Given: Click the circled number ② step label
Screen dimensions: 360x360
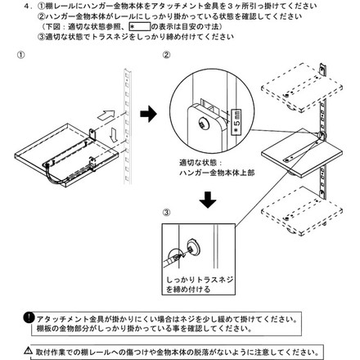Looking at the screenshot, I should point(166,56).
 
